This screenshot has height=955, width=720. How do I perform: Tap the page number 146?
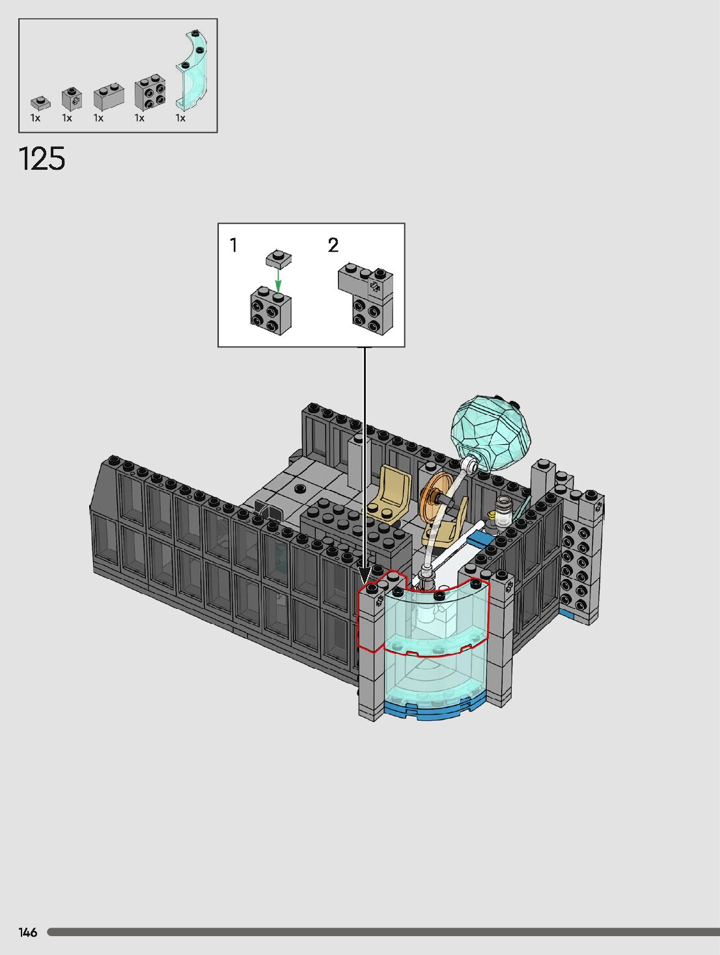pos(27,932)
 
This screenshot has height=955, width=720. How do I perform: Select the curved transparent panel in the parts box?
pos(191,69)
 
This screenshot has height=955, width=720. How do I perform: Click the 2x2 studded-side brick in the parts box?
pos(150,93)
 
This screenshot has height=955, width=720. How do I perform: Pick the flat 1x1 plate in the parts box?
pos(40,103)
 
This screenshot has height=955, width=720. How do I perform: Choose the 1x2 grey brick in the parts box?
pos(109,96)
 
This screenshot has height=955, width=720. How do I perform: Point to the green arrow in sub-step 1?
pos(279,280)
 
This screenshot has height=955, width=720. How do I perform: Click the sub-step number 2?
pos(333,245)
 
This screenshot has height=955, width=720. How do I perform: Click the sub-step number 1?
pos(234,245)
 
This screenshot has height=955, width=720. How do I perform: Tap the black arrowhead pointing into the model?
pos(365,574)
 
